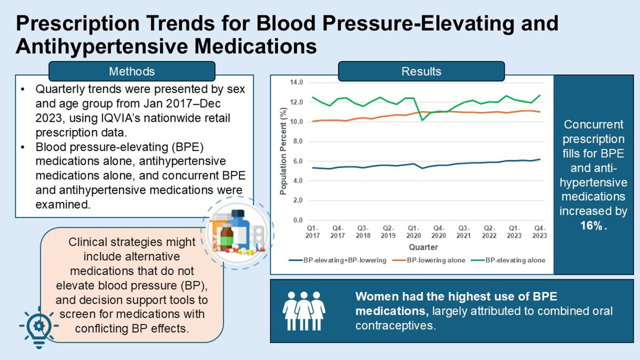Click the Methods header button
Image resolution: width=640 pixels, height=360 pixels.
pyautogui.click(x=132, y=71)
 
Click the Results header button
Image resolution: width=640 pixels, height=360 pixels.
pyautogui.click(x=421, y=71)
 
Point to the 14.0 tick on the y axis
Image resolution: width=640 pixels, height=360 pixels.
pyautogui.click(x=296, y=83)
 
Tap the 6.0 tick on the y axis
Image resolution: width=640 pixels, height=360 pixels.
pyautogui.click(x=297, y=161)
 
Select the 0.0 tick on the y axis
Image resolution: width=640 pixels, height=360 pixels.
pyautogui.click(x=297, y=220)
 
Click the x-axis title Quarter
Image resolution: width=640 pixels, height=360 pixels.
pyautogui.click(x=424, y=247)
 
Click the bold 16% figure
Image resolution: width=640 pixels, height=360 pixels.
pyautogui.click(x=593, y=225)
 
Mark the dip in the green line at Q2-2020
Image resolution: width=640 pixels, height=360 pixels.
pyautogui.click(x=422, y=120)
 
